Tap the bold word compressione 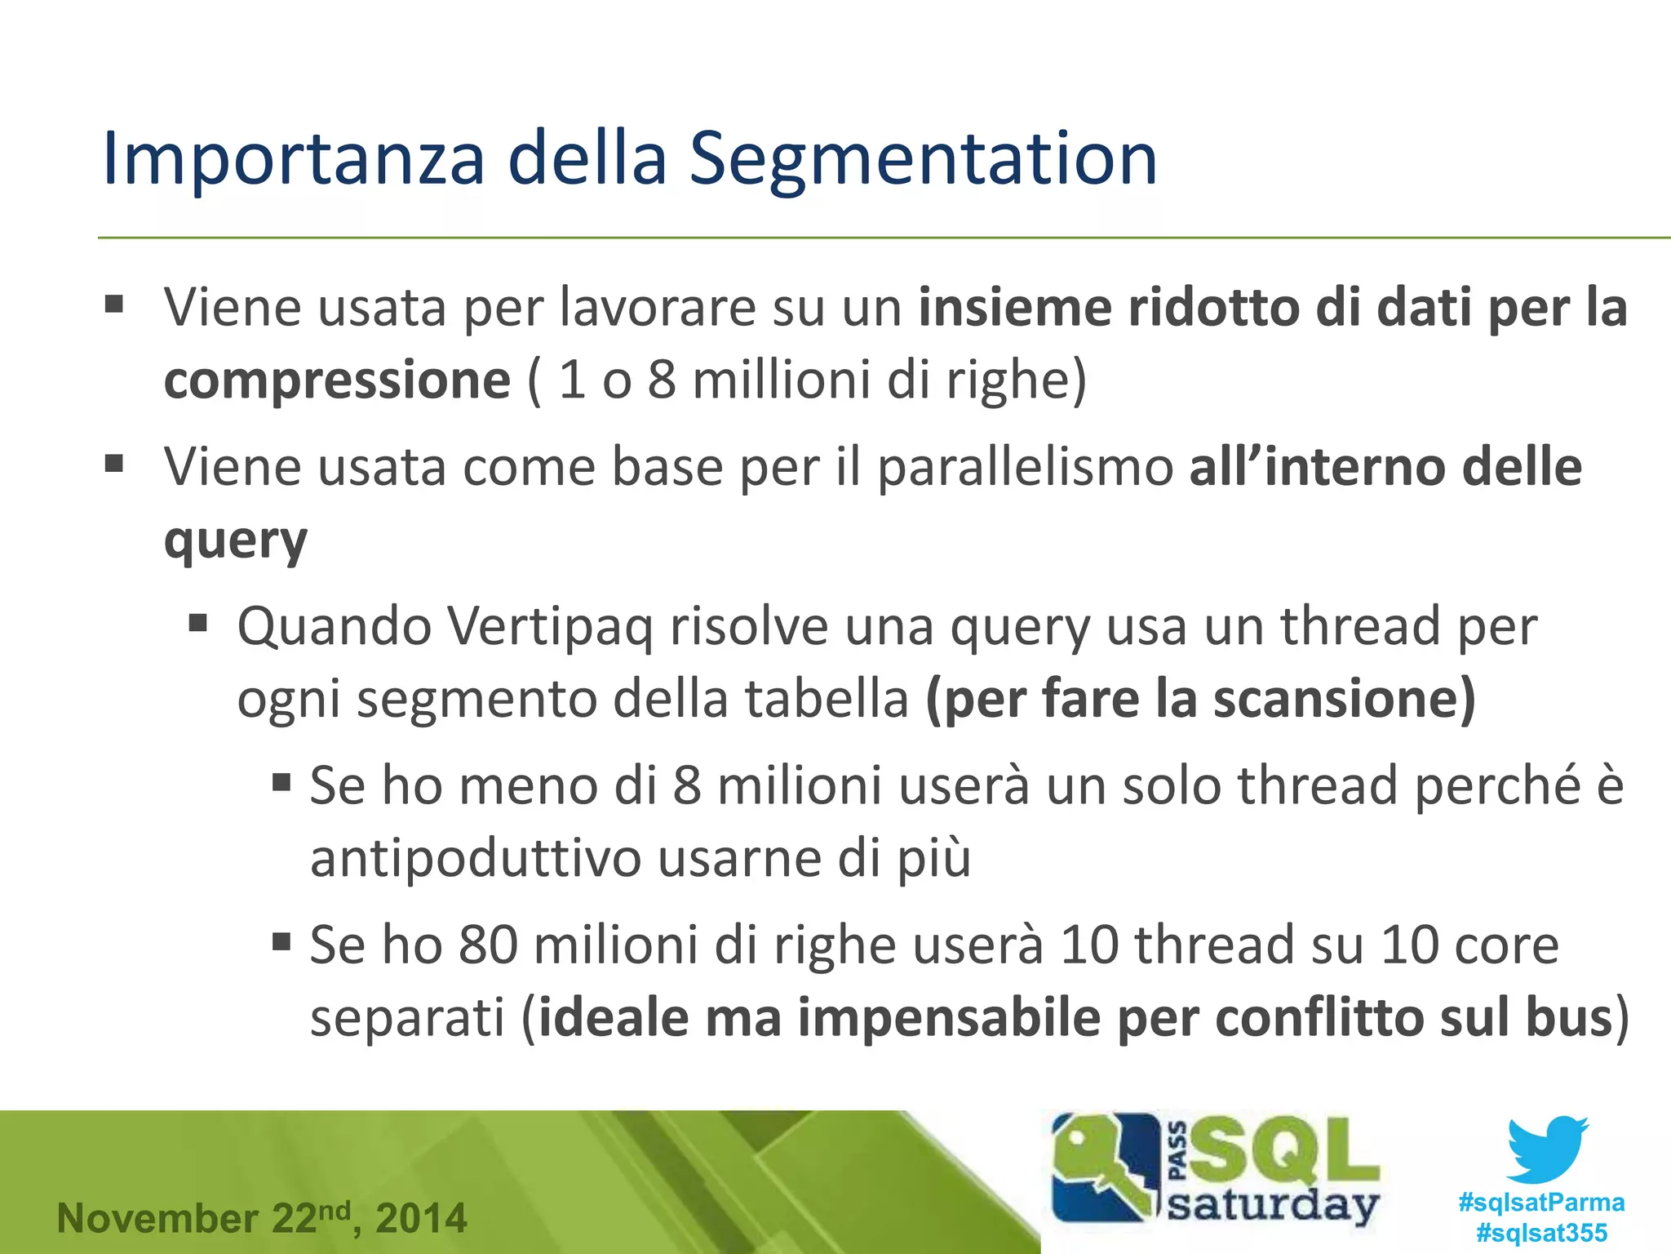337,380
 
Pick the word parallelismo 1024,467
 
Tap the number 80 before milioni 488,945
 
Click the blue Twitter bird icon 1545,1149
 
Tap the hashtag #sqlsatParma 1541,1202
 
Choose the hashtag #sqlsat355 1541,1233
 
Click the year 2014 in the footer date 421,1219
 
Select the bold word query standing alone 235,540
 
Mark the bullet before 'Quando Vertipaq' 198,625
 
